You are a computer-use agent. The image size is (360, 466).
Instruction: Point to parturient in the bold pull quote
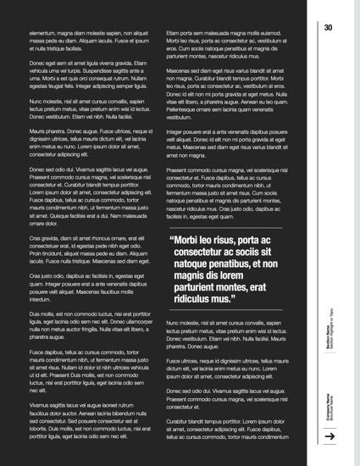(x=202, y=287)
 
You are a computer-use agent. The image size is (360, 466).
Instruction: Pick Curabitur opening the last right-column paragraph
(x=181, y=421)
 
